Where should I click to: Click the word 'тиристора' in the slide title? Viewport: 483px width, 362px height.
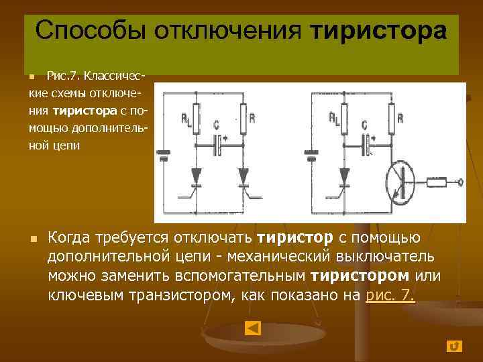coord(379,31)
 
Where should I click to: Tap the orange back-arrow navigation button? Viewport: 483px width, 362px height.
coord(253,328)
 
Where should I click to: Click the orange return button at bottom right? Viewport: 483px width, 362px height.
coord(454,346)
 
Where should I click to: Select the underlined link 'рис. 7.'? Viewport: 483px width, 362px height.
coord(390,294)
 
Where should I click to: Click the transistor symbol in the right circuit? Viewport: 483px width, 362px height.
coord(405,182)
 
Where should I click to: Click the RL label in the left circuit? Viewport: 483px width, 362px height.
coord(185,119)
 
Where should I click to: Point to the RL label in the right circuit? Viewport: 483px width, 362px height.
coord(333,119)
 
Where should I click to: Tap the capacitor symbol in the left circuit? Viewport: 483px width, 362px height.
coord(217,143)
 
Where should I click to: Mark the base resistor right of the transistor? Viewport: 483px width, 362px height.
coord(435,182)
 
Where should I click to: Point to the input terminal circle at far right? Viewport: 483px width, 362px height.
coord(460,182)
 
